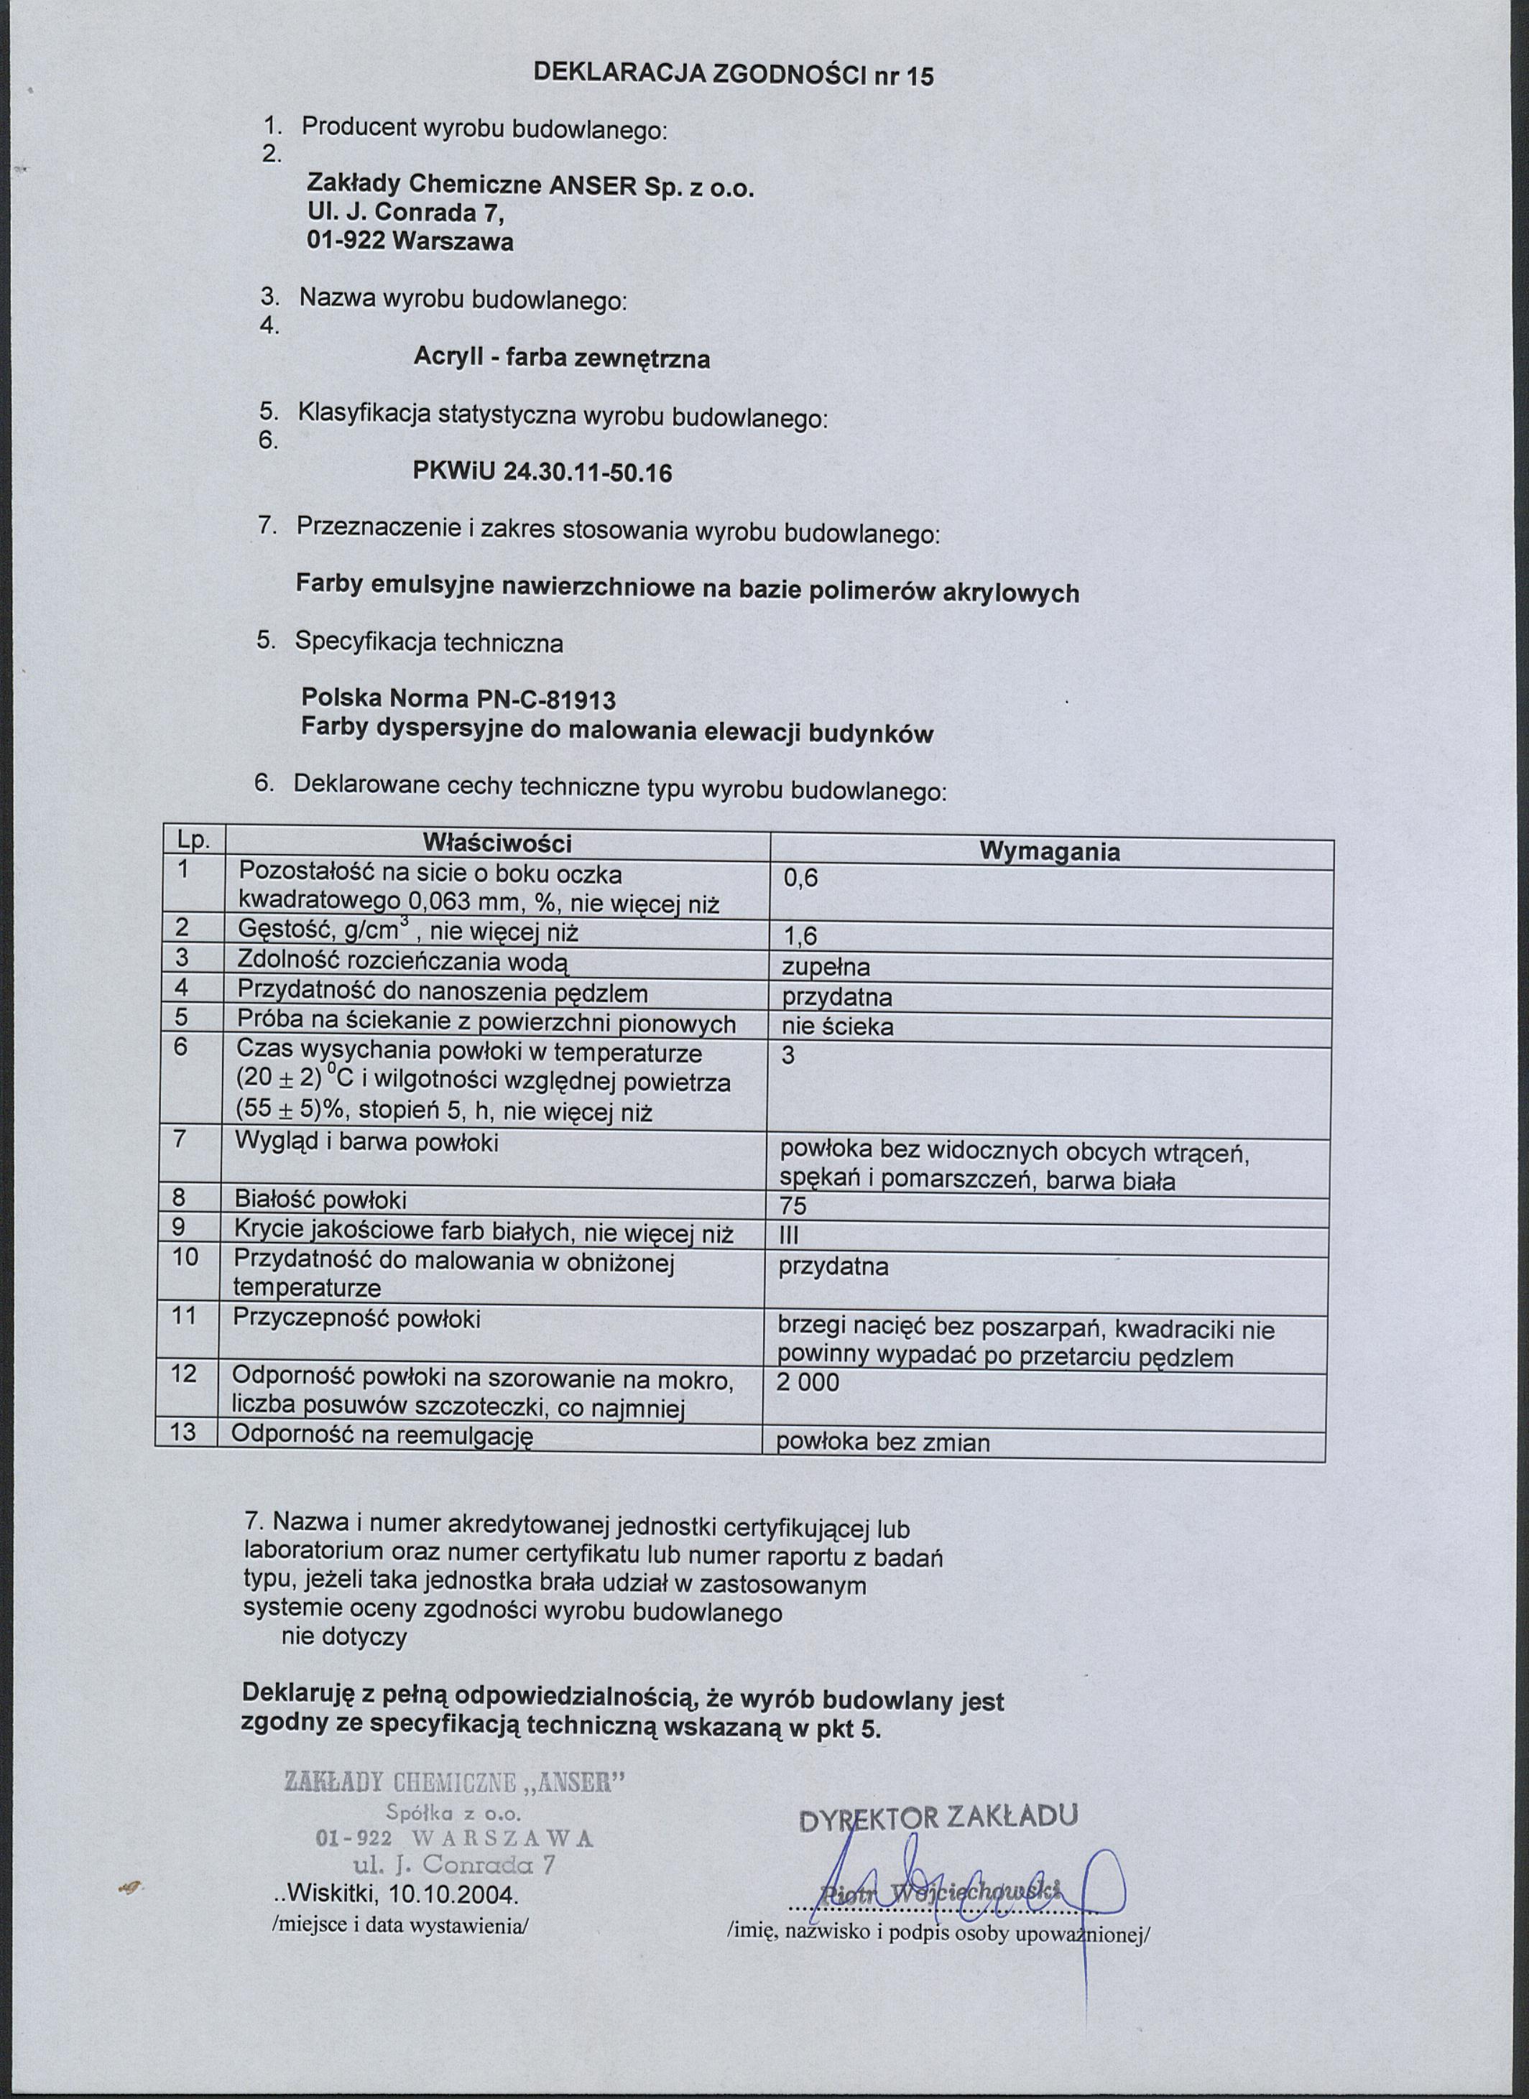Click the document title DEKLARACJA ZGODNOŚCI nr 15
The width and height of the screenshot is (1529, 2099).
tap(734, 74)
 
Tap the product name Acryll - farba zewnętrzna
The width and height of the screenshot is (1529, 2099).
tap(562, 358)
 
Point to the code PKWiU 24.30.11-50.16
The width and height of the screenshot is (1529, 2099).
tap(542, 473)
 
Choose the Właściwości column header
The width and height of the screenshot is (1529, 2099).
tap(497, 842)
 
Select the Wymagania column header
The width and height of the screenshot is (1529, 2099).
tap(1050, 851)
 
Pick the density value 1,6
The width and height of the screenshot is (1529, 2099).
tap(800, 937)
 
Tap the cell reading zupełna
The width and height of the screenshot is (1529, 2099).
tap(826, 967)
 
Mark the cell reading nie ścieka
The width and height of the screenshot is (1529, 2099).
tap(838, 1027)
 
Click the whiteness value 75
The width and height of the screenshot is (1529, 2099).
tap(793, 1205)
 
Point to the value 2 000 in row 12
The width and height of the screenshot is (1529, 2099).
tap(808, 1382)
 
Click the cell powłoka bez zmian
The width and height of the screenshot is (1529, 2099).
tap(883, 1442)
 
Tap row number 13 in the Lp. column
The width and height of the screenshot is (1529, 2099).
tap(183, 1432)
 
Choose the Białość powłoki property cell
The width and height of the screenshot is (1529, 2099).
tap(320, 1200)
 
